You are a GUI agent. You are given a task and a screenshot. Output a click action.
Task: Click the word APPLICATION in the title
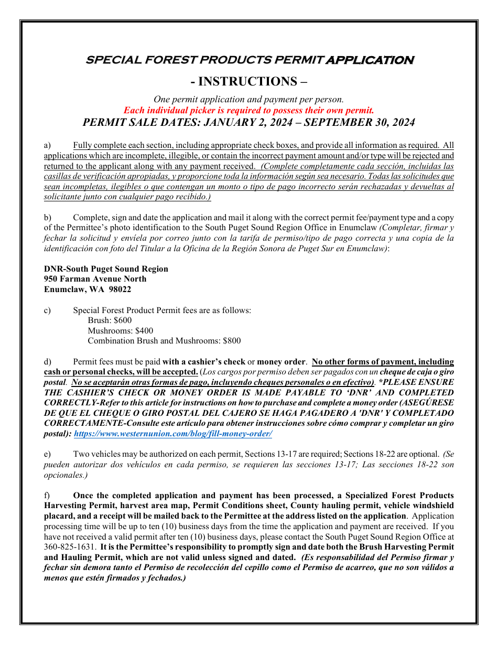coord(370,60)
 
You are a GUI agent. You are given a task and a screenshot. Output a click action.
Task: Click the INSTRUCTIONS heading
coord(249,81)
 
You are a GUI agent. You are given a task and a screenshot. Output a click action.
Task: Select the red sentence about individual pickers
coord(249,111)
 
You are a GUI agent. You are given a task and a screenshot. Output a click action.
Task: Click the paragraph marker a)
coord(47,145)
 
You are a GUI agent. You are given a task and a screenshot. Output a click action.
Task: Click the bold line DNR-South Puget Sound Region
coord(106,269)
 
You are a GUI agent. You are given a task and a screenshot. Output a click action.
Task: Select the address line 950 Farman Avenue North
coord(95,279)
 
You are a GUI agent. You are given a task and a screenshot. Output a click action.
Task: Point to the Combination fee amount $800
coord(232,341)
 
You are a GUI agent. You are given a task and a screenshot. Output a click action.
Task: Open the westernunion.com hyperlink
coord(173,434)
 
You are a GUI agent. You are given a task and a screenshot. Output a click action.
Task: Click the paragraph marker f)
coord(47,496)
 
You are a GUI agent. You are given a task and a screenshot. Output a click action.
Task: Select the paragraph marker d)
coord(47,362)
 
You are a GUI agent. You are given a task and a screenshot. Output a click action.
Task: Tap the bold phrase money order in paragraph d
coord(280,362)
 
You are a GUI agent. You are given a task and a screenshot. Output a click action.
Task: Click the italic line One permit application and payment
coord(249,100)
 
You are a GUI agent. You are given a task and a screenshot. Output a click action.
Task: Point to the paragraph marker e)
coord(47,454)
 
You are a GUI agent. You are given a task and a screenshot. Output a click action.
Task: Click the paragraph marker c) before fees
coord(47,310)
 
